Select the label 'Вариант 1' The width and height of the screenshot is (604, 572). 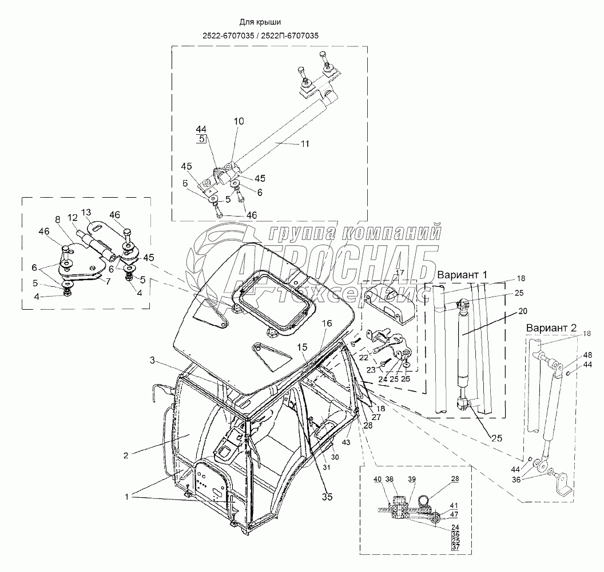tap(462, 275)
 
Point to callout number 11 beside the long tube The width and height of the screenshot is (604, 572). tap(305, 144)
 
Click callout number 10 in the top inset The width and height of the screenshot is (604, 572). tap(239, 121)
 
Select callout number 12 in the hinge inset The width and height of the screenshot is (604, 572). tap(72, 218)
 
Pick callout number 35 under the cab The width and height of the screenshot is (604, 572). tap(327, 497)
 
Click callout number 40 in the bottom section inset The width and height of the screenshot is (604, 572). tap(377, 479)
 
